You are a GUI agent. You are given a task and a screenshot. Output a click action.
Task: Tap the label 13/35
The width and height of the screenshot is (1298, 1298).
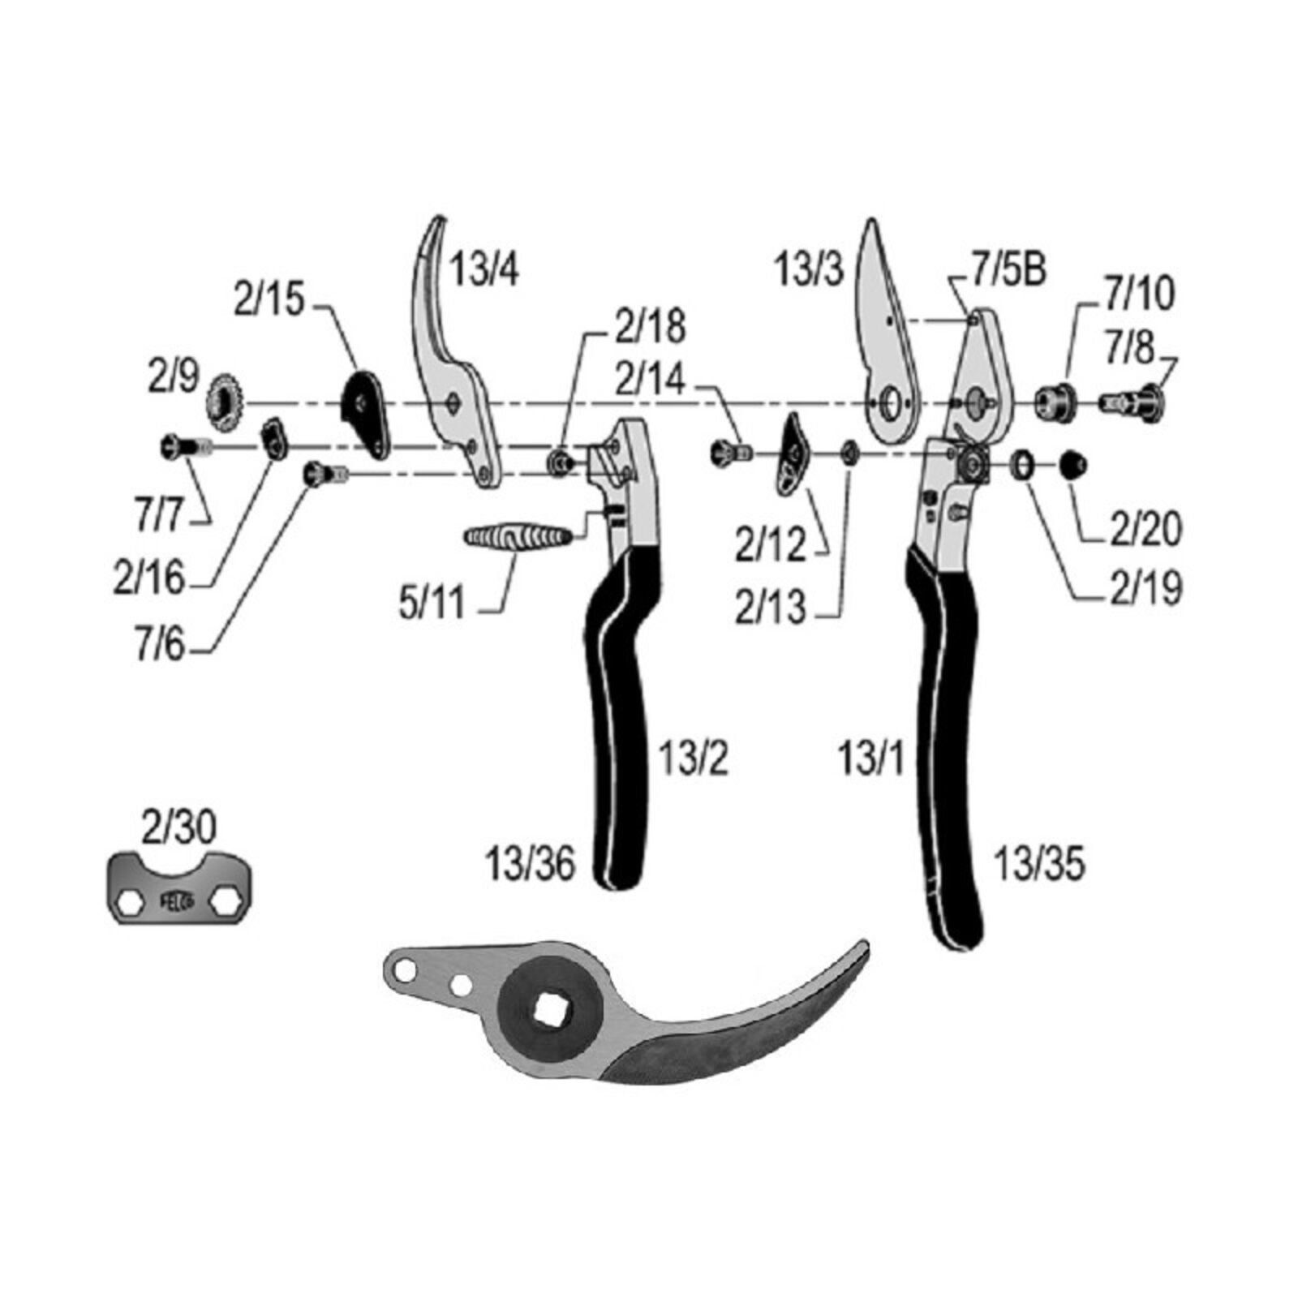point(1039,865)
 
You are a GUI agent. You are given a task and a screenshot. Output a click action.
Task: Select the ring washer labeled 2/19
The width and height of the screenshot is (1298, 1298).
point(1023,466)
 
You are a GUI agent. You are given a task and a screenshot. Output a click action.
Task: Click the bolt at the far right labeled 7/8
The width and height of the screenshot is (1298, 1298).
point(1133,400)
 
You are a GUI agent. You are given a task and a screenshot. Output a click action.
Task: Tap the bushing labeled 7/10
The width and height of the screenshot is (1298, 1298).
point(1055,401)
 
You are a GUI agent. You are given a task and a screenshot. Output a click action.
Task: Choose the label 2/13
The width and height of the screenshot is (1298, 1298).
point(770,608)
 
